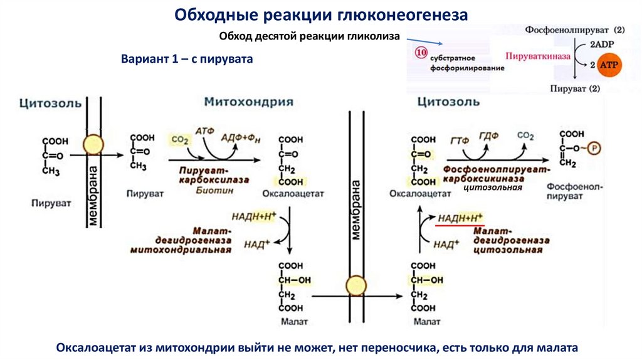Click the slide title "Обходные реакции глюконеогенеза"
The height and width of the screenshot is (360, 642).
(320, 14)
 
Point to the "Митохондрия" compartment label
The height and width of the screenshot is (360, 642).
(248, 102)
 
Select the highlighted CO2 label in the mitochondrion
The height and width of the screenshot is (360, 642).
(179, 140)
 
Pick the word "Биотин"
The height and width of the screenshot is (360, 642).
(211, 191)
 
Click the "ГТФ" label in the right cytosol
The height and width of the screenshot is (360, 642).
(459, 140)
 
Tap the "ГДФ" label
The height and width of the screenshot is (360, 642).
(488, 135)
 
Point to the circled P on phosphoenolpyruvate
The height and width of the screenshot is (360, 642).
(595, 149)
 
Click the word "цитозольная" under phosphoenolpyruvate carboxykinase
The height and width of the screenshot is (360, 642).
(492, 188)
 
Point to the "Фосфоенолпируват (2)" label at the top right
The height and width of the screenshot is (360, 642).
(575, 29)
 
